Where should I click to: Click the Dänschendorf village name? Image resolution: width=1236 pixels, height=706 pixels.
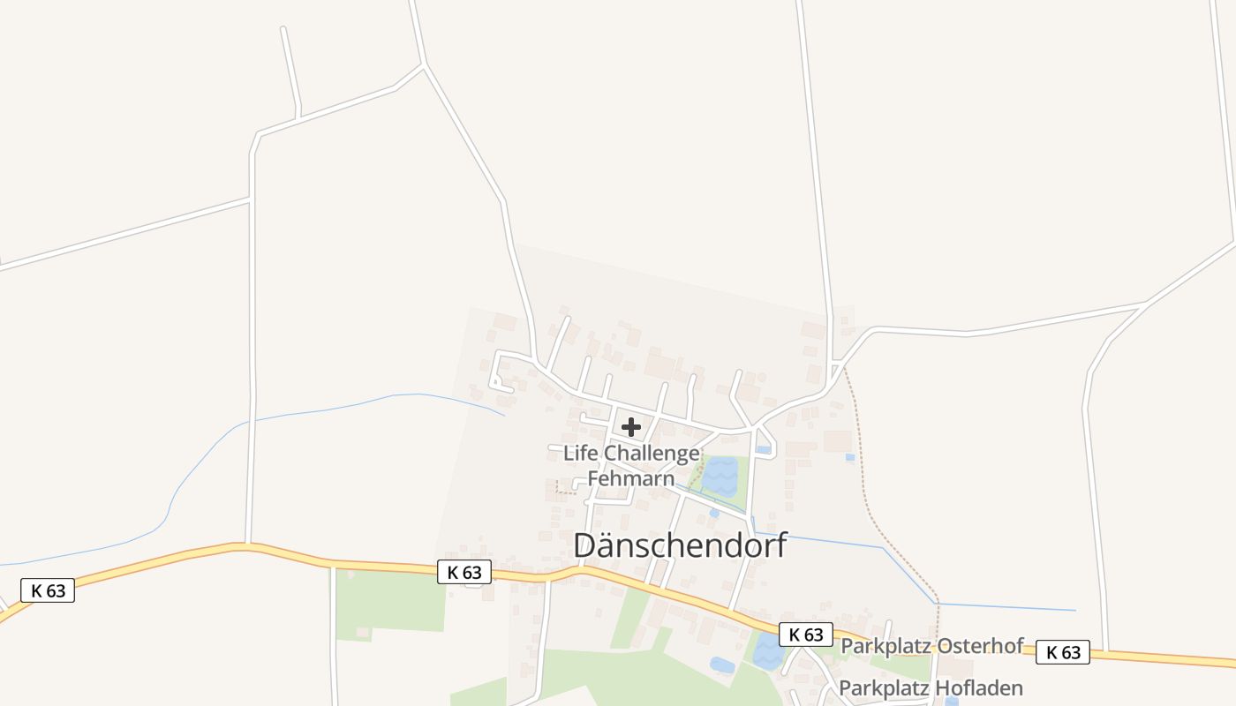(x=680, y=545)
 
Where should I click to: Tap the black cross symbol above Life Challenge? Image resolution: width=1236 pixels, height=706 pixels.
(x=631, y=428)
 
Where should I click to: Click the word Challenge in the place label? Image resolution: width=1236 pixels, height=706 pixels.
(x=652, y=454)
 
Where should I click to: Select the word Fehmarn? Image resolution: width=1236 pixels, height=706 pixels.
(x=631, y=479)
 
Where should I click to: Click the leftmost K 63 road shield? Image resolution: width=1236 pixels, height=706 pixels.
(x=48, y=590)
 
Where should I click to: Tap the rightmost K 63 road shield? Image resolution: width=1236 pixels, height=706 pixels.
(x=1062, y=652)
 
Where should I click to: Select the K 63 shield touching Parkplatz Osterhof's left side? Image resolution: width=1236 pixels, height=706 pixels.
(x=806, y=634)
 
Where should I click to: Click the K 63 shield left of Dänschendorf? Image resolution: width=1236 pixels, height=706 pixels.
(x=464, y=572)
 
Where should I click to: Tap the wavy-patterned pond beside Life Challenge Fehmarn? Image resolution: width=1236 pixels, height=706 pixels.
(x=720, y=477)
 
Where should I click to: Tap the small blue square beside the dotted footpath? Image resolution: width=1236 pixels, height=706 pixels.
(x=849, y=457)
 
